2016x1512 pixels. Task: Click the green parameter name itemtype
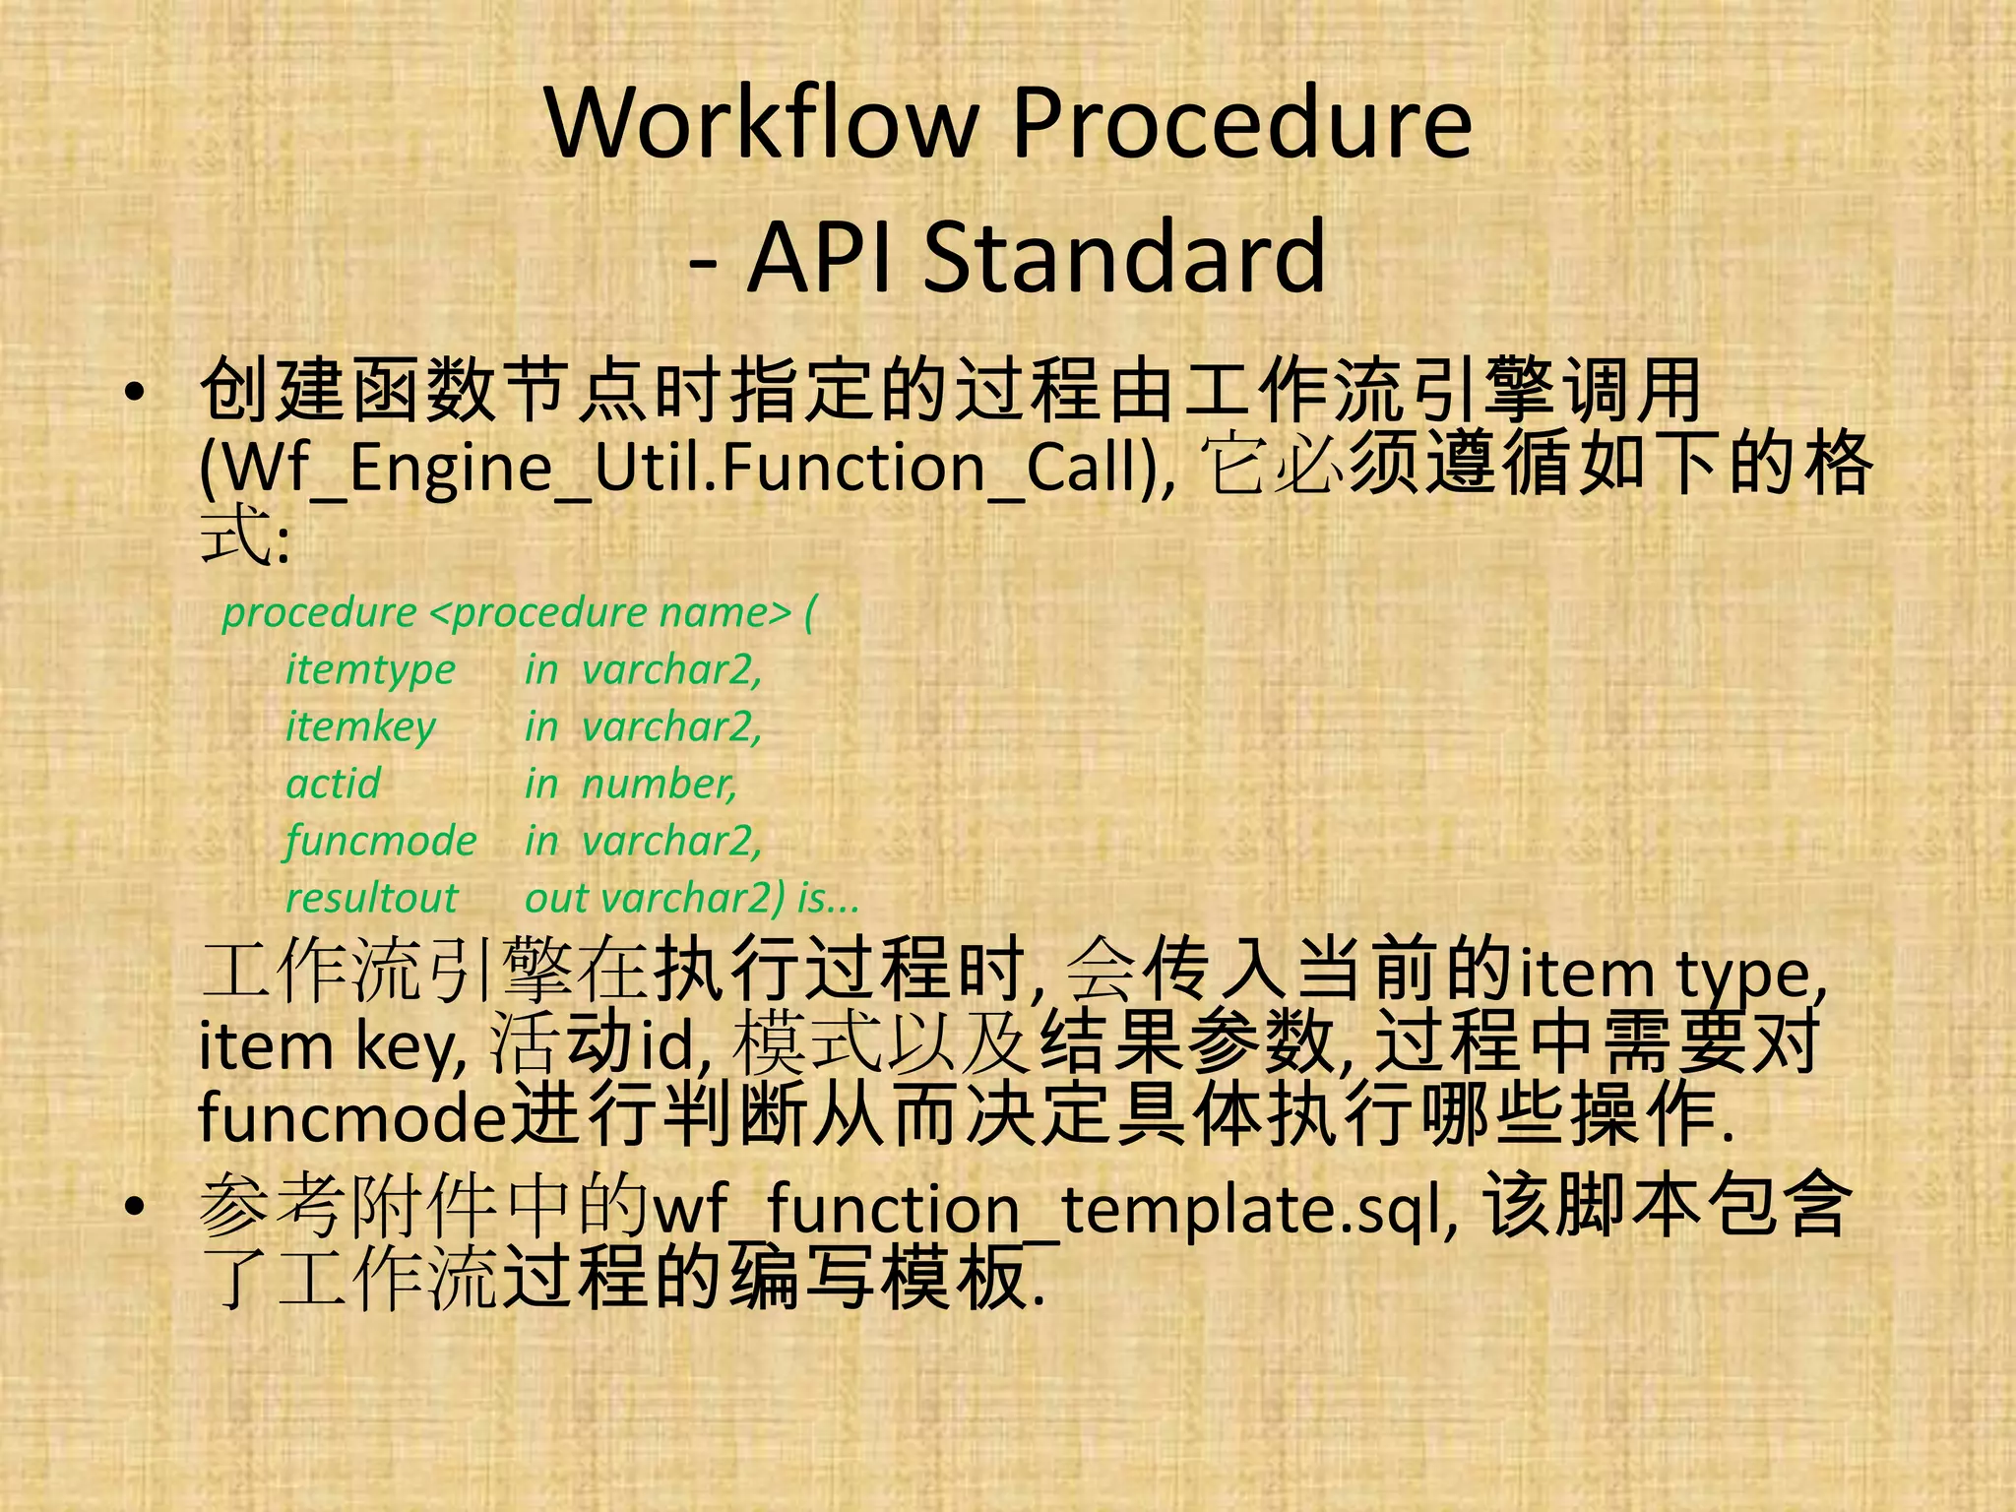[370, 670]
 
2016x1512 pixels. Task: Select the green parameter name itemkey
[360, 727]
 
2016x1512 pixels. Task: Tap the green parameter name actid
[333, 785]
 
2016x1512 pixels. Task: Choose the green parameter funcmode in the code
[381, 842]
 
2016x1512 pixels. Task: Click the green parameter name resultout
[371, 898]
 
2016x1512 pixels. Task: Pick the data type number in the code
[659, 785]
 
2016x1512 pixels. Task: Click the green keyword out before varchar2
[556, 898]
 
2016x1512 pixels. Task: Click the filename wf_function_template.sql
[1053, 1209]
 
